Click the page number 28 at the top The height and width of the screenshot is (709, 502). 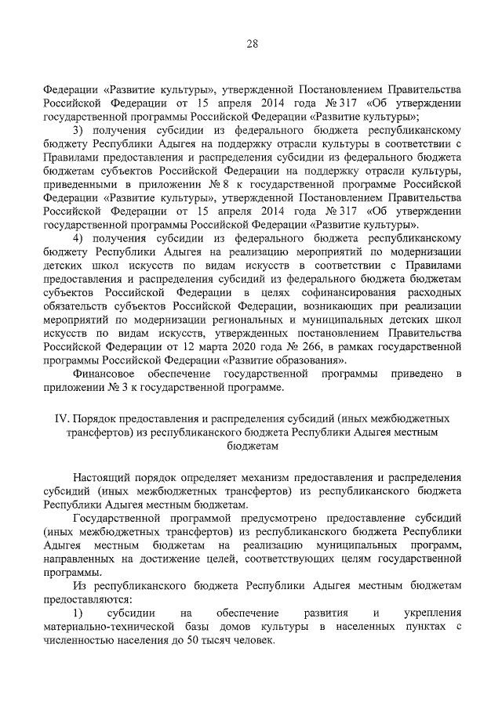coord(251,44)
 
